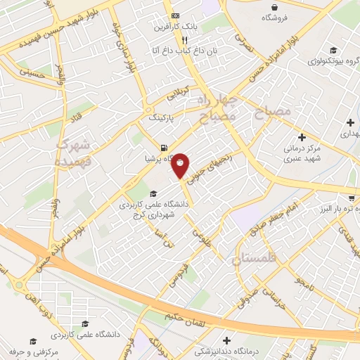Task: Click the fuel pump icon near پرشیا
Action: pyautogui.click(x=163, y=148)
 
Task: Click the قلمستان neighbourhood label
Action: pyautogui.click(x=256, y=259)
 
